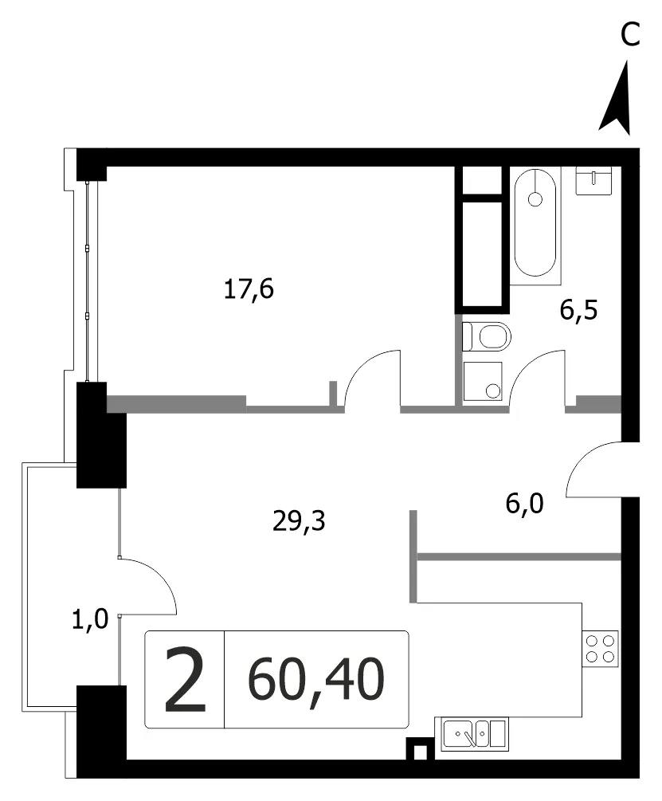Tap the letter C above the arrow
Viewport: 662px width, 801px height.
(630, 35)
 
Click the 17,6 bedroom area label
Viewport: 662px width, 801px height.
(249, 289)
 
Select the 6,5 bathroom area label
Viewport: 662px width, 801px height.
(579, 310)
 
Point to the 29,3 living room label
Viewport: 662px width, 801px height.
(299, 521)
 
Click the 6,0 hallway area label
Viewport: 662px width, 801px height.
(525, 504)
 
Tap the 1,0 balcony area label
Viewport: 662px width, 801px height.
(90, 619)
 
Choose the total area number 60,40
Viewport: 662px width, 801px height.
(316, 679)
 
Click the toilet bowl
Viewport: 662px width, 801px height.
(487, 336)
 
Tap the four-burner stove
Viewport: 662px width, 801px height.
(600, 649)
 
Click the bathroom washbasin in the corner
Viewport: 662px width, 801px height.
(593, 180)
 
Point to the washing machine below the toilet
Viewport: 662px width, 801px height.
(482, 381)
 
